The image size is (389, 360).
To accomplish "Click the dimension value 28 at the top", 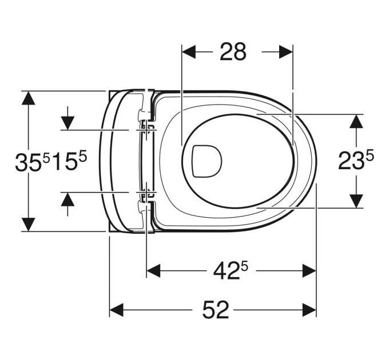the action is (x=233, y=51).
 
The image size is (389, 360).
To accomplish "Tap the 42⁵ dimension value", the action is (x=231, y=270).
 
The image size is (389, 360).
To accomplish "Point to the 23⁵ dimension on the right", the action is (x=356, y=161).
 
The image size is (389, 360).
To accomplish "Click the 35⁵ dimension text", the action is (x=33, y=162).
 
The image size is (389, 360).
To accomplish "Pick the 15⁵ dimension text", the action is (x=70, y=161).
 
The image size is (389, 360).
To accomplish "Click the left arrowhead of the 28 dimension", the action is (x=189, y=52).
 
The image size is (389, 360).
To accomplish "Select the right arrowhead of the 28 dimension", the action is (x=286, y=52).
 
